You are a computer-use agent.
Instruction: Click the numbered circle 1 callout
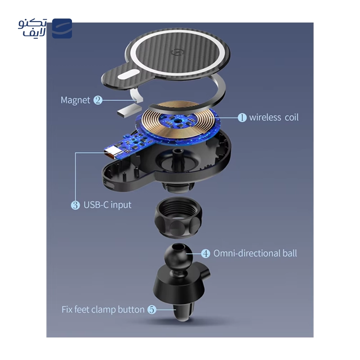click(x=242, y=117)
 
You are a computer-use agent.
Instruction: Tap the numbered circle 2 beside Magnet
click(x=98, y=100)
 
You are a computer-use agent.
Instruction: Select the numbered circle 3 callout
click(x=75, y=205)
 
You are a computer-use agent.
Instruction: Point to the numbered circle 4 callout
click(x=206, y=253)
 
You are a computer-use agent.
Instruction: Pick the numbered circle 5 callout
click(x=152, y=310)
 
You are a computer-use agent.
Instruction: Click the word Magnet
click(x=75, y=100)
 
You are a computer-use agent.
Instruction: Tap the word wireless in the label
click(x=265, y=117)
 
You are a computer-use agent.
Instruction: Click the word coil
click(x=292, y=117)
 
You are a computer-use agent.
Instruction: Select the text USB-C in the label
click(x=96, y=205)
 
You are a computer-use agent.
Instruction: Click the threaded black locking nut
click(x=178, y=217)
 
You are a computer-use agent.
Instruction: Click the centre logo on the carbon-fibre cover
click(x=176, y=52)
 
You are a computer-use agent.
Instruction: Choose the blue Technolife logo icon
click(x=62, y=28)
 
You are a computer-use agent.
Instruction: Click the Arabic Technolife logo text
click(x=32, y=28)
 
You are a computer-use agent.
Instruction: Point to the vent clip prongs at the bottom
click(x=183, y=310)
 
